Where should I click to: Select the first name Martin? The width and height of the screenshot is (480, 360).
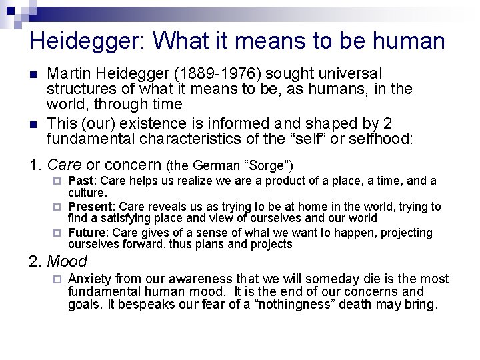pyautogui.click(x=69, y=73)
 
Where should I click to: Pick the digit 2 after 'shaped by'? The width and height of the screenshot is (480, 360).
pyautogui.click(x=388, y=123)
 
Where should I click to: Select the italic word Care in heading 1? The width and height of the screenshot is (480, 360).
pyautogui.click(x=65, y=164)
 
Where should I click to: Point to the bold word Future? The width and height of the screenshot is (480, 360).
pyautogui.click(x=86, y=233)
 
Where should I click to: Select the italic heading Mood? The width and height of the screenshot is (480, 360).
pyautogui.click(x=67, y=261)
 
